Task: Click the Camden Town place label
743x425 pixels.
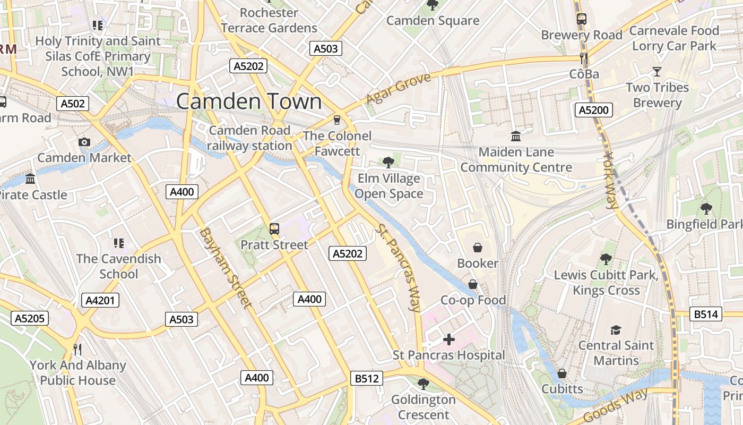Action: pyautogui.click(x=249, y=101)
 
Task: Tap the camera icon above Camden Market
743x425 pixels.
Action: pyautogui.click(x=84, y=142)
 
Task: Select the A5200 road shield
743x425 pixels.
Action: pyautogui.click(x=594, y=110)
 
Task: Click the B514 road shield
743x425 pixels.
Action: pyautogui.click(x=706, y=314)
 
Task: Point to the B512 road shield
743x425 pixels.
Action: pyautogui.click(x=367, y=379)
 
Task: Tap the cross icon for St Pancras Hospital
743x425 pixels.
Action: pyautogui.click(x=449, y=339)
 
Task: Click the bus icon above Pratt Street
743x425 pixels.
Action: pyautogui.click(x=274, y=229)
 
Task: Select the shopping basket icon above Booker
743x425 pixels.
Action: pyautogui.click(x=478, y=248)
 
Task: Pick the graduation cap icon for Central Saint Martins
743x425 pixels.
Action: pyautogui.click(x=616, y=330)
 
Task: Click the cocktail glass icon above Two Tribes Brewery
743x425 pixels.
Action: pyautogui.click(x=657, y=72)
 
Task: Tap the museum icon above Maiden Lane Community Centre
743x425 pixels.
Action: pyautogui.click(x=516, y=136)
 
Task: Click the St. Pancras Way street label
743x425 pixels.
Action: pyautogui.click(x=397, y=267)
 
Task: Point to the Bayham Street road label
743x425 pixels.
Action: pyautogui.click(x=225, y=268)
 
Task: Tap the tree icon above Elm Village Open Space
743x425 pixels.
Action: pyautogui.click(x=388, y=162)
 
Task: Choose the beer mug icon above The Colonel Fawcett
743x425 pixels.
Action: pyautogui.click(x=336, y=120)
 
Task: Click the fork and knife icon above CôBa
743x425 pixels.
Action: pyautogui.click(x=584, y=58)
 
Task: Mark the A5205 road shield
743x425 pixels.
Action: pyautogui.click(x=30, y=318)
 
